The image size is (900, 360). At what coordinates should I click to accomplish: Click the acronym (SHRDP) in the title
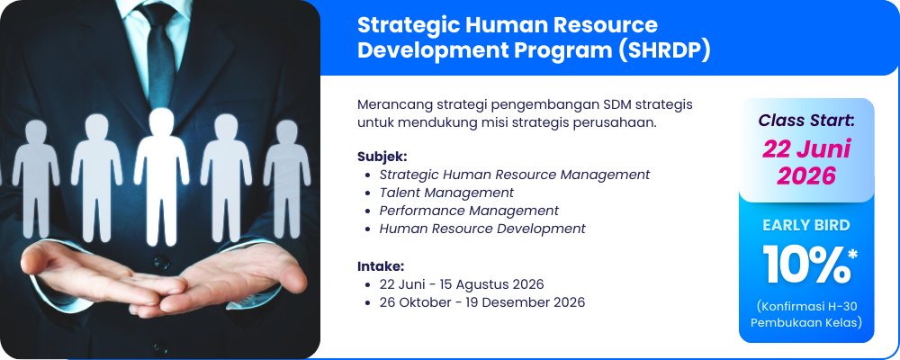[x=665, y=50]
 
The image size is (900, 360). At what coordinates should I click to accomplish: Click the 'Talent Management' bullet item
[x=446, y=193]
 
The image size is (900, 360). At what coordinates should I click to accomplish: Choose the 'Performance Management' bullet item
[x=469, y=211]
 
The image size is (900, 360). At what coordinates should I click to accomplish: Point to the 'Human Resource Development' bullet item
[x=482, y=229]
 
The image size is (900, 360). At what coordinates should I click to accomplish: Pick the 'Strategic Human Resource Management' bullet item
[x=514, y=174]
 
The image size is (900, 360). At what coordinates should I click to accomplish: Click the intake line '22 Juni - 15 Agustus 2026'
[x=462, y=284]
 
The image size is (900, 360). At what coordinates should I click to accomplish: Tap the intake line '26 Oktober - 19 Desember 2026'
[x=482, y=302]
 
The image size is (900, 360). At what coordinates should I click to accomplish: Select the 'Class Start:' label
[x=806, y=121]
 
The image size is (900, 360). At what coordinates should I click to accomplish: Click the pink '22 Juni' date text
[x=806, y=150]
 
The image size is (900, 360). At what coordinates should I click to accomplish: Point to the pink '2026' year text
[x=806, y=176]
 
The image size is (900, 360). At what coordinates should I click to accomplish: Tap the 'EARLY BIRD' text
[x=806, y=226]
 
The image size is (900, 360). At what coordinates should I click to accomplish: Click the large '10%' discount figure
[x=805, y=265]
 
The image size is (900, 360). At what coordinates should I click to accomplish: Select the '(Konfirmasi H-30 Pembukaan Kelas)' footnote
[x=806, y=314]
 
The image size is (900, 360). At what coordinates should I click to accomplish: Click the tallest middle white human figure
[x=161, y=175]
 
